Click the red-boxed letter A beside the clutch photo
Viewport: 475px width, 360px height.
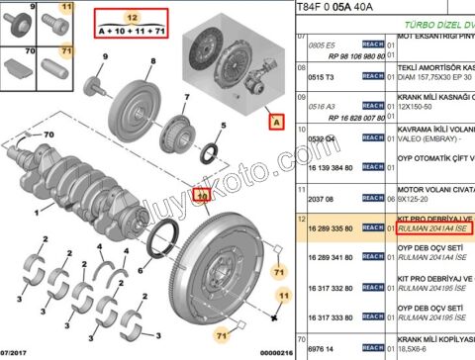pyautogui.click(x=276, y=123)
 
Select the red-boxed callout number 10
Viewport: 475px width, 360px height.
pyautogui.click(x=202, y=196)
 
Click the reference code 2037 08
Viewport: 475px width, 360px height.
pyautogui.click(x=320, y=198)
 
